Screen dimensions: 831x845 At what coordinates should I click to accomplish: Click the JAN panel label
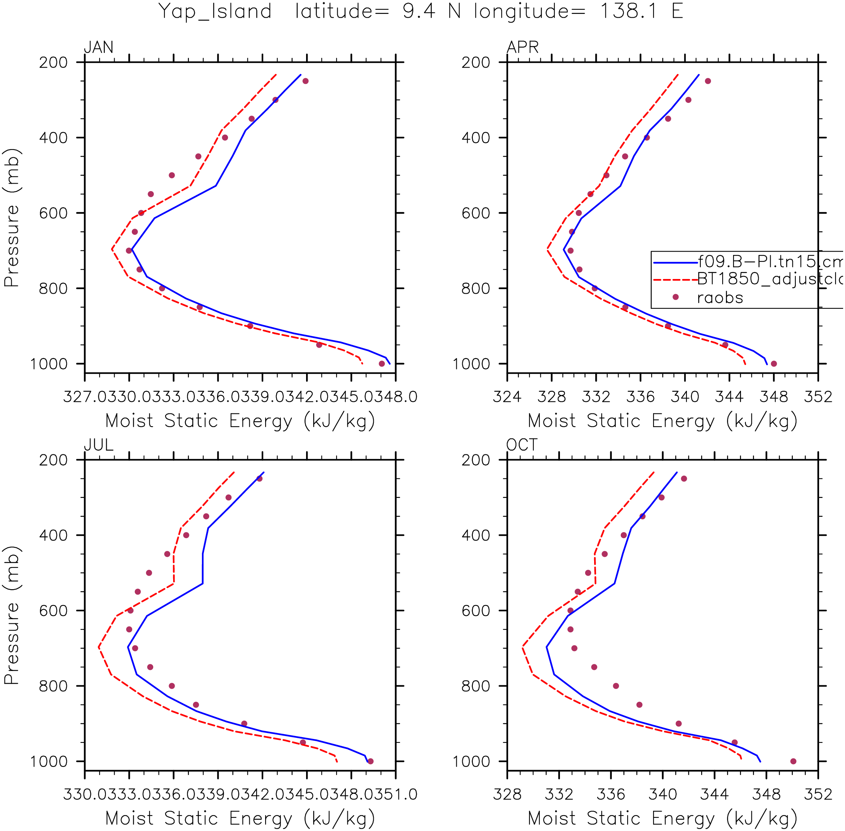[99, 47]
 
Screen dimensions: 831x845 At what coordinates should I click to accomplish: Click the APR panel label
[522, 47]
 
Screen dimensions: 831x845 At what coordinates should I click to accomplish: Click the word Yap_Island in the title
[215, 11]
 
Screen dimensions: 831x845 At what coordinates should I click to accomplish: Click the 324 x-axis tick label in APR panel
[507, 397]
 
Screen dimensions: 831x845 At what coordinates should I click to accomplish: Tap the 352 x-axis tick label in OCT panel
[818, 794]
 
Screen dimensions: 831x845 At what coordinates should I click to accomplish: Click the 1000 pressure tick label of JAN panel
[49, 363]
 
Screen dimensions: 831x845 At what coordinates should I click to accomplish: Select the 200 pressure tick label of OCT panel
[476, 460]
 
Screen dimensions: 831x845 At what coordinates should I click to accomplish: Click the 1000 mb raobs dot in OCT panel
[794, 761]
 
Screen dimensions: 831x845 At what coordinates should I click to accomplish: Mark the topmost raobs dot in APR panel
[708, 81]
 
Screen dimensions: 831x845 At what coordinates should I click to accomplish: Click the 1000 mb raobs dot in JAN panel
[382, 363]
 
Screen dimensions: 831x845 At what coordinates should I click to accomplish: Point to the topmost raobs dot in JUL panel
[260, 479]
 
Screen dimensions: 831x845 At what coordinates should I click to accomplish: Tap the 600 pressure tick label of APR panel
[476, 213]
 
